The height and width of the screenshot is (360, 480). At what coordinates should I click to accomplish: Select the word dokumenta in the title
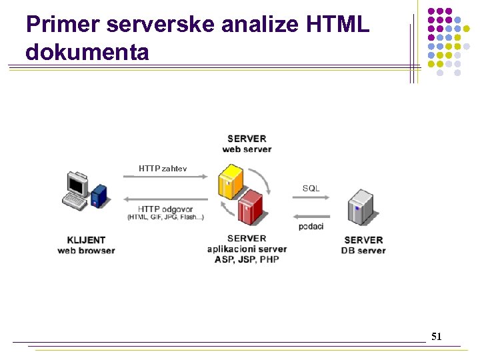tap(87, 52)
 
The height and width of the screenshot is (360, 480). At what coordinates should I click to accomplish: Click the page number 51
tap(436, 337)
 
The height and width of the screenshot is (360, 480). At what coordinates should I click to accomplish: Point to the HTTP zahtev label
tap(163, 169)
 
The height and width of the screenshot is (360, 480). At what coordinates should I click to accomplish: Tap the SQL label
tap(311, 188)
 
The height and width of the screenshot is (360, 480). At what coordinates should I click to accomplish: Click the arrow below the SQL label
tap(311, 197)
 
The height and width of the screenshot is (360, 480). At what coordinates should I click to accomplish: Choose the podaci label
tap(311, 227)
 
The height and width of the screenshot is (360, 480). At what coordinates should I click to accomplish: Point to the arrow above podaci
tap(311, 216)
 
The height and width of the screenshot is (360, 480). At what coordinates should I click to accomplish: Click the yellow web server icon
tap(232, 181)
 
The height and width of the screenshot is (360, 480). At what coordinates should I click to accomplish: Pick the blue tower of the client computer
tap(99, 196)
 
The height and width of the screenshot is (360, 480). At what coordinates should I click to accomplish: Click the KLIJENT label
tap(86, 240)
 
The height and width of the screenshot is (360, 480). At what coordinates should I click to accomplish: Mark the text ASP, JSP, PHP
tap(247, 259)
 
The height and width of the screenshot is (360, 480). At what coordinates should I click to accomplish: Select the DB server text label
tap(363, 251)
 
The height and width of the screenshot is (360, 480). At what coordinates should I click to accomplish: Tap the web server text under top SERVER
tap(247, 149)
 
